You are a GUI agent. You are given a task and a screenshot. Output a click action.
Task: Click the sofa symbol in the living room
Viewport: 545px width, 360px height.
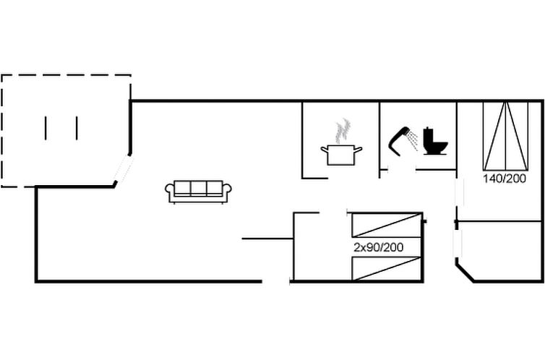(x=198, y=192)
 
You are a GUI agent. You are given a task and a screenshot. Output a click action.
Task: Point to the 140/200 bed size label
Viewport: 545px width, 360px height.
(x=505, y=179)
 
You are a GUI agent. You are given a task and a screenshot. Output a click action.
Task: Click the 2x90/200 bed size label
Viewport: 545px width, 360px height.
(x=379, y=247)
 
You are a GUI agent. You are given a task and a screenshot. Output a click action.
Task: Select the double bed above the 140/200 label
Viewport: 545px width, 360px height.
(x=506, y=136)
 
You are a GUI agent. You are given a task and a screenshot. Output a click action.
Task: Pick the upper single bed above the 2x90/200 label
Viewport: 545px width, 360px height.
(x=387, y=225)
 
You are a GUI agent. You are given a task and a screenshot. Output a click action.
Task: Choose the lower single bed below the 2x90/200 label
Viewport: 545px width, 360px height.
(x=387, y=268)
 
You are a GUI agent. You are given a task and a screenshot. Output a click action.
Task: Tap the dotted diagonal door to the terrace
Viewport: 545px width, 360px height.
(x=124, y=168)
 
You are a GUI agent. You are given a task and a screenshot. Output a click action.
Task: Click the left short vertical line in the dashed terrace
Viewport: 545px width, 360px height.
(x=46, y=128)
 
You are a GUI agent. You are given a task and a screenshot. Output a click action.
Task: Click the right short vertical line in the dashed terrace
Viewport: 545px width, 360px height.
(x=77, y=128)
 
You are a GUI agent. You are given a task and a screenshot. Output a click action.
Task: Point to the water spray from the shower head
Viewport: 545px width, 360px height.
(x=412, y=141)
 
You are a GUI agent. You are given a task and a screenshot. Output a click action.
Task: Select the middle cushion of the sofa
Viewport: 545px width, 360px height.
(x=199, y=188)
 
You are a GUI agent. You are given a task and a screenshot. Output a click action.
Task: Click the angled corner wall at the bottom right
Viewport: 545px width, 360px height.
(x=465, y=272)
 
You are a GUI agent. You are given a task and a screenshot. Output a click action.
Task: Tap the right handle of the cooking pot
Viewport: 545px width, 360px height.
(x=359, y=150)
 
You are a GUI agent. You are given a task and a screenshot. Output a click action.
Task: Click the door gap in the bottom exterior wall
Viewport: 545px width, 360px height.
(x=275, y=281)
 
